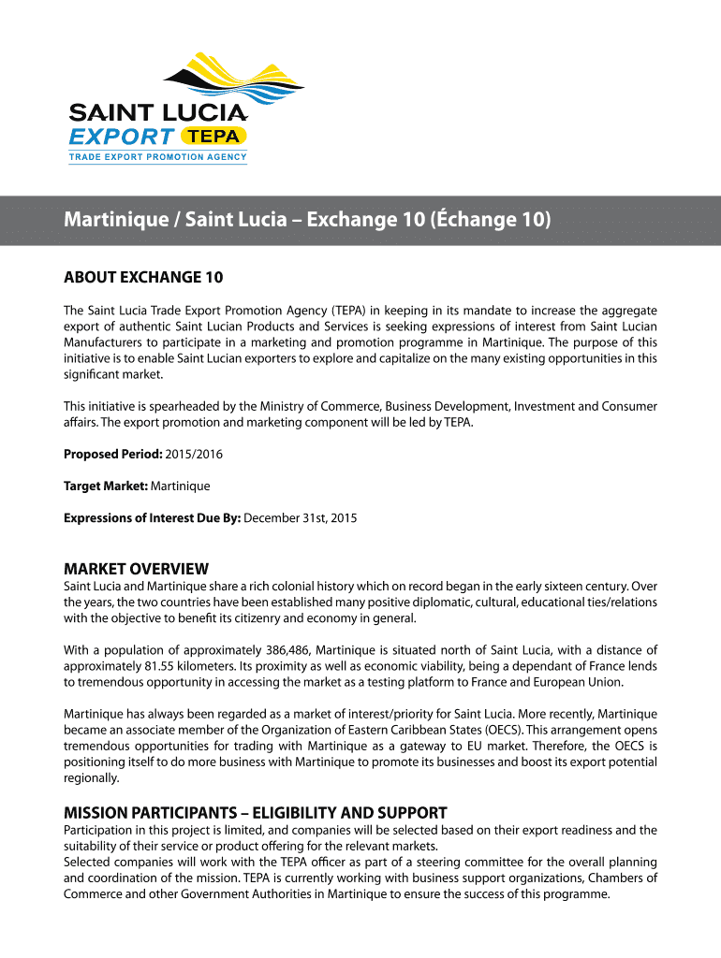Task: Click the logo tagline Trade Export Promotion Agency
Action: [x=157, y=156]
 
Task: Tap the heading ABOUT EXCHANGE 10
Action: [x=143, y=277]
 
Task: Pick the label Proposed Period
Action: [x=112, y=455]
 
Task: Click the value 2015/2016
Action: [x=194, y=455]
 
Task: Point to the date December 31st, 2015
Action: [x=300, y=518]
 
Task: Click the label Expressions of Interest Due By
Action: [x=152, y=518]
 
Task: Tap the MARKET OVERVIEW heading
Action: [x=136, y=569]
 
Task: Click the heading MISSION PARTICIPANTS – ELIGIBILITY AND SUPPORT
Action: [x=255, y=812]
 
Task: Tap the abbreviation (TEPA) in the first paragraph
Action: [x=331, y=310]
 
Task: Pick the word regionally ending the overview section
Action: [x=91, y=778]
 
